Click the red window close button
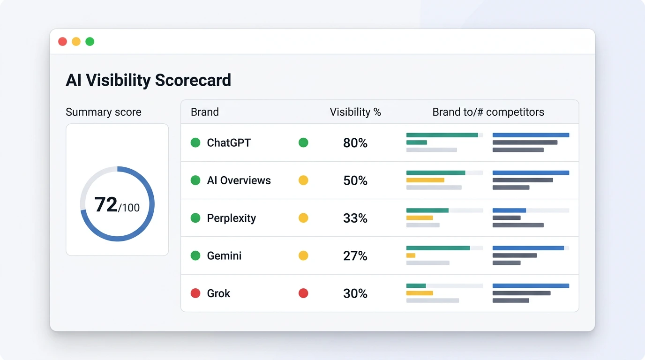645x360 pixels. coord(62,42)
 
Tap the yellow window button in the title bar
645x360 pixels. coord(76,42)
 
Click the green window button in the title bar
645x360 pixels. coord(90,42)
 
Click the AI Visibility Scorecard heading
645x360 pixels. coord(148,80)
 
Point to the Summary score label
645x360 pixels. coord(103,112)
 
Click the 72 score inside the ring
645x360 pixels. coord(106,205)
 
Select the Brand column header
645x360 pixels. coord(204,112)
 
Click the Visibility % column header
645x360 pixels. coord(355,112)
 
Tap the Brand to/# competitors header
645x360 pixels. coord(488,112)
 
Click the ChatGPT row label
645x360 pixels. coord(229,143)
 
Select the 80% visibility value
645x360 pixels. coord(355,143)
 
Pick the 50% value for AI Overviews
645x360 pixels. coord(355,180)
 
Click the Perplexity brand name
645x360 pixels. coord(231,218)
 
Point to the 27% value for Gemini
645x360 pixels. coord(355,256)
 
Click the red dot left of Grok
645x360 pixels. coord(195,293)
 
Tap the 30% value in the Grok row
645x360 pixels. coord(355,293)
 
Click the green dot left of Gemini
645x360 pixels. coord(195,256)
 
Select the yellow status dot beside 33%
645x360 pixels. coord(303,218)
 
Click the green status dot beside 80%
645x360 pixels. coord(303,143)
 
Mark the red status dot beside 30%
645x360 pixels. coord(303,293)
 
